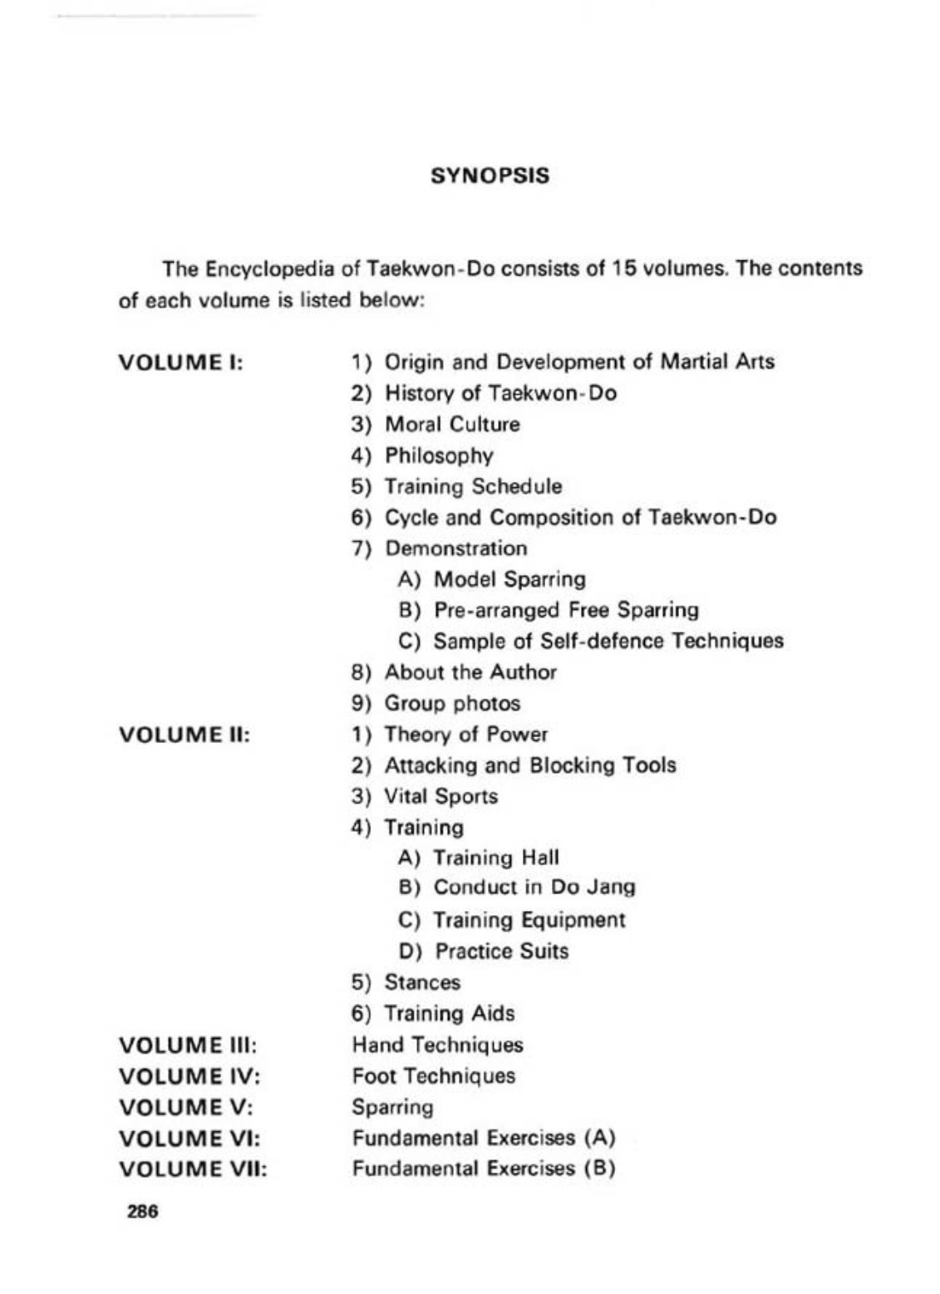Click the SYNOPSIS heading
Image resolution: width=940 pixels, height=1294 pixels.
pyautogui.click(x=490, y=176)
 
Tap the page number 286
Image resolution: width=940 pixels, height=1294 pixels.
pyautogui.click(x=142, y=1211)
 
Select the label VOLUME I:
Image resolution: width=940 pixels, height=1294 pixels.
pyautogui.click(x=180, y=363)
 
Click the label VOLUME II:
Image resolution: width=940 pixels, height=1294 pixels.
pyautogui.click(x=185, y=735)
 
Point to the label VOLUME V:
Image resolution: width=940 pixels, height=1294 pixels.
pyautogui.click(x=185, y=1108)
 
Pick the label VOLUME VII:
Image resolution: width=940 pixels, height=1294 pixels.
pyautogui.click(x=193, y=1169)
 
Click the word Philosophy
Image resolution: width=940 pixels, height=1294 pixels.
pyautogui.click(x=438, y=455)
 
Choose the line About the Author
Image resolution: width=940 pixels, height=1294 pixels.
pyautogui.click(x=470, y=672)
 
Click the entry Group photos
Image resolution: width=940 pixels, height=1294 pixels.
pyautogui.click(x=451, y=703)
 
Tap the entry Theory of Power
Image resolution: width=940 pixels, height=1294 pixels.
pyautogui.click(x=465, y=735)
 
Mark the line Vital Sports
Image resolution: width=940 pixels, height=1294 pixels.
pyautogui.click(x=440, y=796)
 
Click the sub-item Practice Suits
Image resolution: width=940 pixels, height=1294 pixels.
pyautogui.click(x=501, y=951)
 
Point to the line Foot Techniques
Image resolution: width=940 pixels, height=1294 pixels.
pyautogui.click(x=433, y=1076)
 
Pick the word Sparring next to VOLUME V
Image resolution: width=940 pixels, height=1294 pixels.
pyautogui.click(x=392, y=1108)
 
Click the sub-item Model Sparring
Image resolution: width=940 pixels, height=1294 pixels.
pyautogui.click(x=509, y=579)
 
